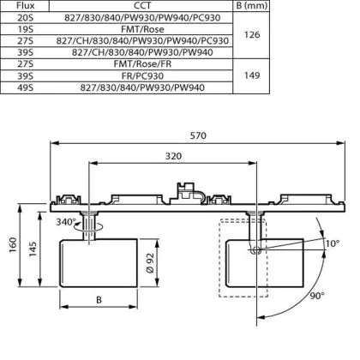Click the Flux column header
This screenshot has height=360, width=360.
point(25,5)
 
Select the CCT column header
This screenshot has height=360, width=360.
point(142,5)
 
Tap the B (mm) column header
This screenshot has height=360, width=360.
point(252,5)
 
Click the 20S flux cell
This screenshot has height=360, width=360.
point(25,18)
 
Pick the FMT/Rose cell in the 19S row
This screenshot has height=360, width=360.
point(142,29)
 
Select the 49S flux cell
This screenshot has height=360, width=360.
point(25,87)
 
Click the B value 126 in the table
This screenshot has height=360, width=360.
point(252,35)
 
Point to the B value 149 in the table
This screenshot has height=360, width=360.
point(252,75)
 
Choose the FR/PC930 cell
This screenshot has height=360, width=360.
point(142,76)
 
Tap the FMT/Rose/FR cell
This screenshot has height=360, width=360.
point(142,64)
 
